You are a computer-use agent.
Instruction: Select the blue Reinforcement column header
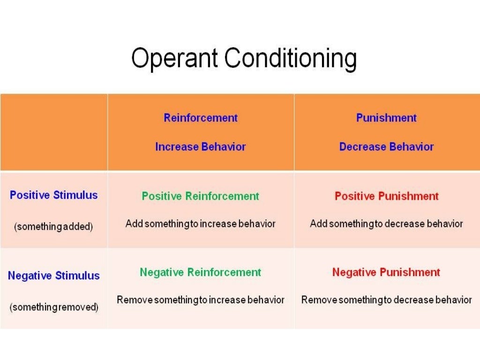point(201,118)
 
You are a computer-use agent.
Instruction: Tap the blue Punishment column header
point(386,118)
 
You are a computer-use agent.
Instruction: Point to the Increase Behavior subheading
point(201,147)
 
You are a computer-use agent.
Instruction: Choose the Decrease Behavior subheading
point(386,147)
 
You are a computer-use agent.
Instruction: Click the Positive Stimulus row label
point(53,195)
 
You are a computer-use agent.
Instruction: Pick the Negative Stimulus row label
point(53,276)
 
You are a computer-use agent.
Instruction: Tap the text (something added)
point(53,227)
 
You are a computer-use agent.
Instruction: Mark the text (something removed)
point(53,307)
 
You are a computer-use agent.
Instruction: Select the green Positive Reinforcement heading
point(200,196)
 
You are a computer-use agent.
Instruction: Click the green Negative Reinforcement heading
point(200,272)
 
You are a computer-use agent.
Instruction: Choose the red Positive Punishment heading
point(386,196)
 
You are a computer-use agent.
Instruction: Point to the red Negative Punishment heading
point(386,272)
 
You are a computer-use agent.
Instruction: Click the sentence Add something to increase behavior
point(200,224)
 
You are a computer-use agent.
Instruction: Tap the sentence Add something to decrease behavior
point(386,224)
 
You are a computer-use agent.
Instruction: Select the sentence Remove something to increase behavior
point(200,300)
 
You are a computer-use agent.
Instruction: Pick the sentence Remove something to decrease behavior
point(386,300)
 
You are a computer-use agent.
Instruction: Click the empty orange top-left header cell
point(53,132)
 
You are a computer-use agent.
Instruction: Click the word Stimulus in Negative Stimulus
point(77,276)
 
